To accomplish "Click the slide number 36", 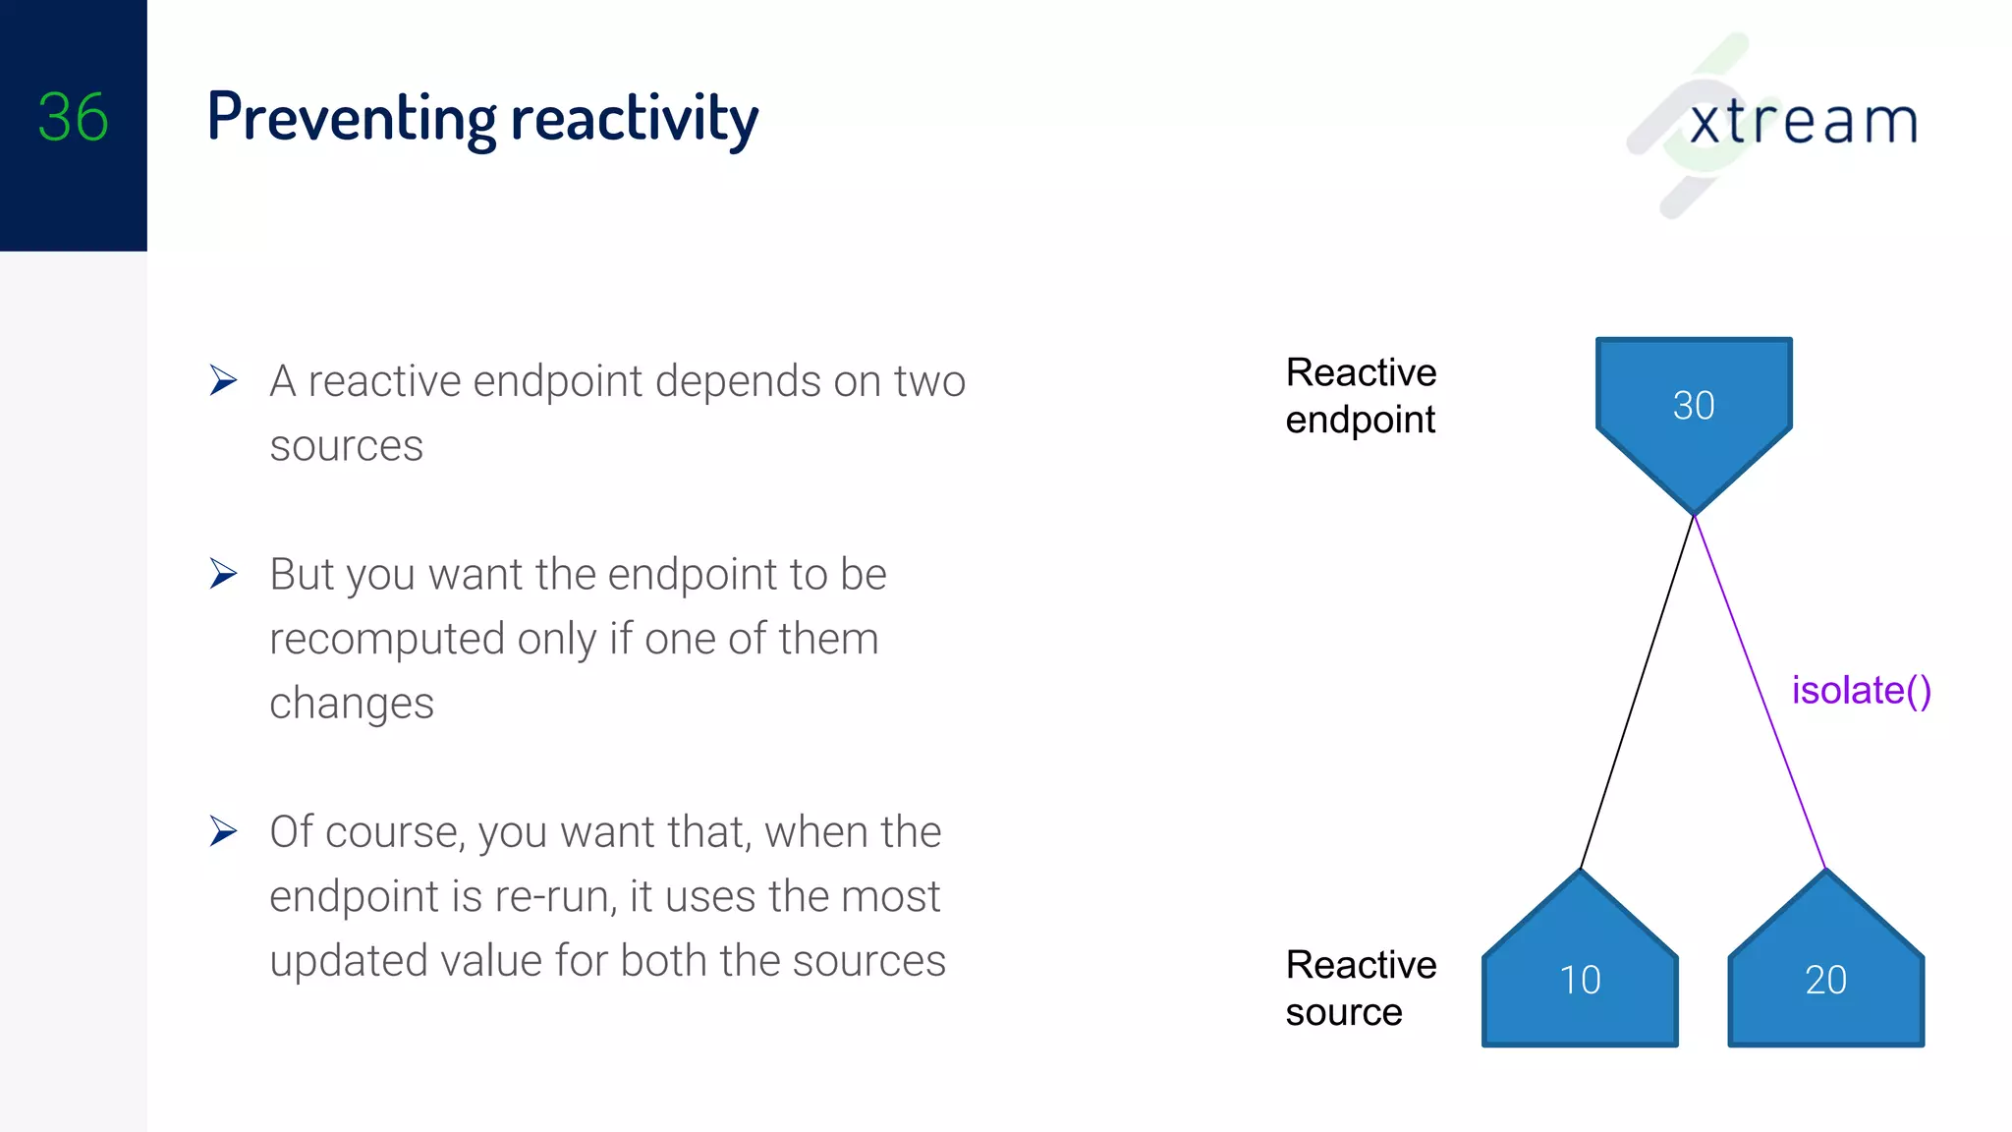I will (73, 118).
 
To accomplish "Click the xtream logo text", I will (1803, 123).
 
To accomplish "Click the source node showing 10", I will (1580, 979).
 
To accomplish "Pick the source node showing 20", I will (1825, 979).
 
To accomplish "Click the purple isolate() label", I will (1861, 691).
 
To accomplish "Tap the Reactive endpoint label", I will (1361, 396).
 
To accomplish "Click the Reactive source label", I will (1361, 988).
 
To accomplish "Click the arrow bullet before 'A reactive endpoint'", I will (224, 380).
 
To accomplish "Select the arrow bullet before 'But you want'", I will (224, 574).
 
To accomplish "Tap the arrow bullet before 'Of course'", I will (224, 831).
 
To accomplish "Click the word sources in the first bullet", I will (346, 446).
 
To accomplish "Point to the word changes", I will (352, 705).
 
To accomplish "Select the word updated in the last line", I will (349, 961).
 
